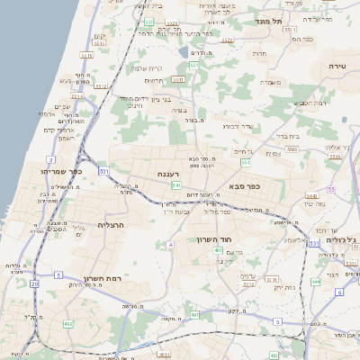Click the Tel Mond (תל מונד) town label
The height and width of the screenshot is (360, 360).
pyautogui.click(x=268, y=21)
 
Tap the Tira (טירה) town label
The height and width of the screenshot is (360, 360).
pyautogui.click(x=337, y=67)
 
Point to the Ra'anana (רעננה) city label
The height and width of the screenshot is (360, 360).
pyautogui.click(x=168, y=174)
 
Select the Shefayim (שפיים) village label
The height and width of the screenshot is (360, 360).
pyautogui.click(x=62, y=106)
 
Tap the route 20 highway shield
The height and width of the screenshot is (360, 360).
pyautogui.click(x=34, y=283)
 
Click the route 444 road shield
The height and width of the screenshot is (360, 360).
pyautogui.click(x=316, y=282)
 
